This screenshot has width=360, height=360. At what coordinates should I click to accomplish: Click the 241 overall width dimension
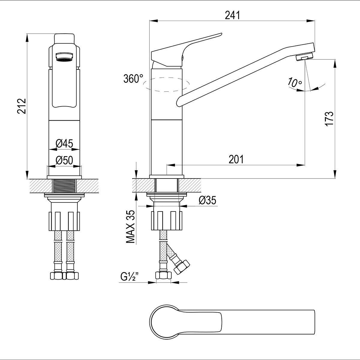tap(232, 15)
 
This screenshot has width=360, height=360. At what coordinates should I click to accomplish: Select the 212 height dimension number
tap(22, 106)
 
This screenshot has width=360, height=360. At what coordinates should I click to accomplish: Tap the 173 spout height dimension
tap(329, 119)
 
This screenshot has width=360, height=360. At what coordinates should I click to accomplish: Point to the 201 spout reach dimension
tap(236, 159)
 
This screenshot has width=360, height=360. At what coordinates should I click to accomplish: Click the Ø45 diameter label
tap(64, 144)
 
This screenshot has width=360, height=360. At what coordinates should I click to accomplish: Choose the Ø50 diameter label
tap(64, 160)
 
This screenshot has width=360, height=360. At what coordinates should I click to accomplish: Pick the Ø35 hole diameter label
tap(207, 200)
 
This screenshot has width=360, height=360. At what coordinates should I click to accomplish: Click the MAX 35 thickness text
tap(130, 226)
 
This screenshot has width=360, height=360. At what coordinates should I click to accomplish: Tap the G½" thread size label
tap(130, 277)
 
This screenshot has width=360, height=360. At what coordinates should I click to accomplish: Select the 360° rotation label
tap(133, 79)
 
